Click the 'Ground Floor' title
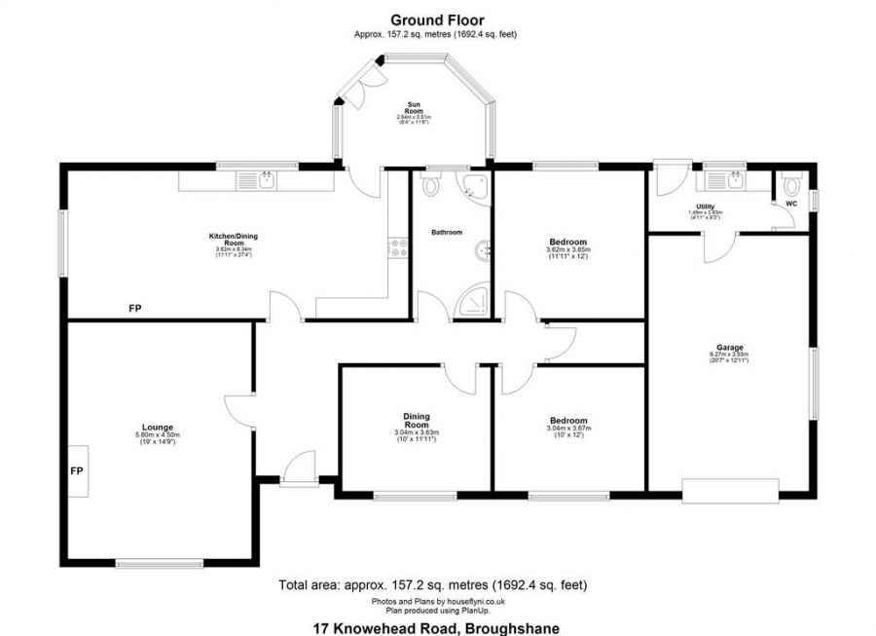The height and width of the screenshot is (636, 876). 437,19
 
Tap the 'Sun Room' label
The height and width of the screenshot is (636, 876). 414,107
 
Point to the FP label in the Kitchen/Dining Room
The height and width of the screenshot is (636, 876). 134,309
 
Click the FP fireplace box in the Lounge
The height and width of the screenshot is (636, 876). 78,470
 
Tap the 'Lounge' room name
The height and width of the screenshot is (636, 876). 157,428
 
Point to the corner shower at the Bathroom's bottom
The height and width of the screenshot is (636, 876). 477,299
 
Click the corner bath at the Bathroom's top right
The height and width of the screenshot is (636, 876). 476,187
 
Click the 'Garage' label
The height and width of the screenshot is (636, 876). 730,348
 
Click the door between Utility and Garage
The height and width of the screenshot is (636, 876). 717,248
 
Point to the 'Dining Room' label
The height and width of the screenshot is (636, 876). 417,420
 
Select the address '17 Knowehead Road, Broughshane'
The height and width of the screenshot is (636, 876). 437,627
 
